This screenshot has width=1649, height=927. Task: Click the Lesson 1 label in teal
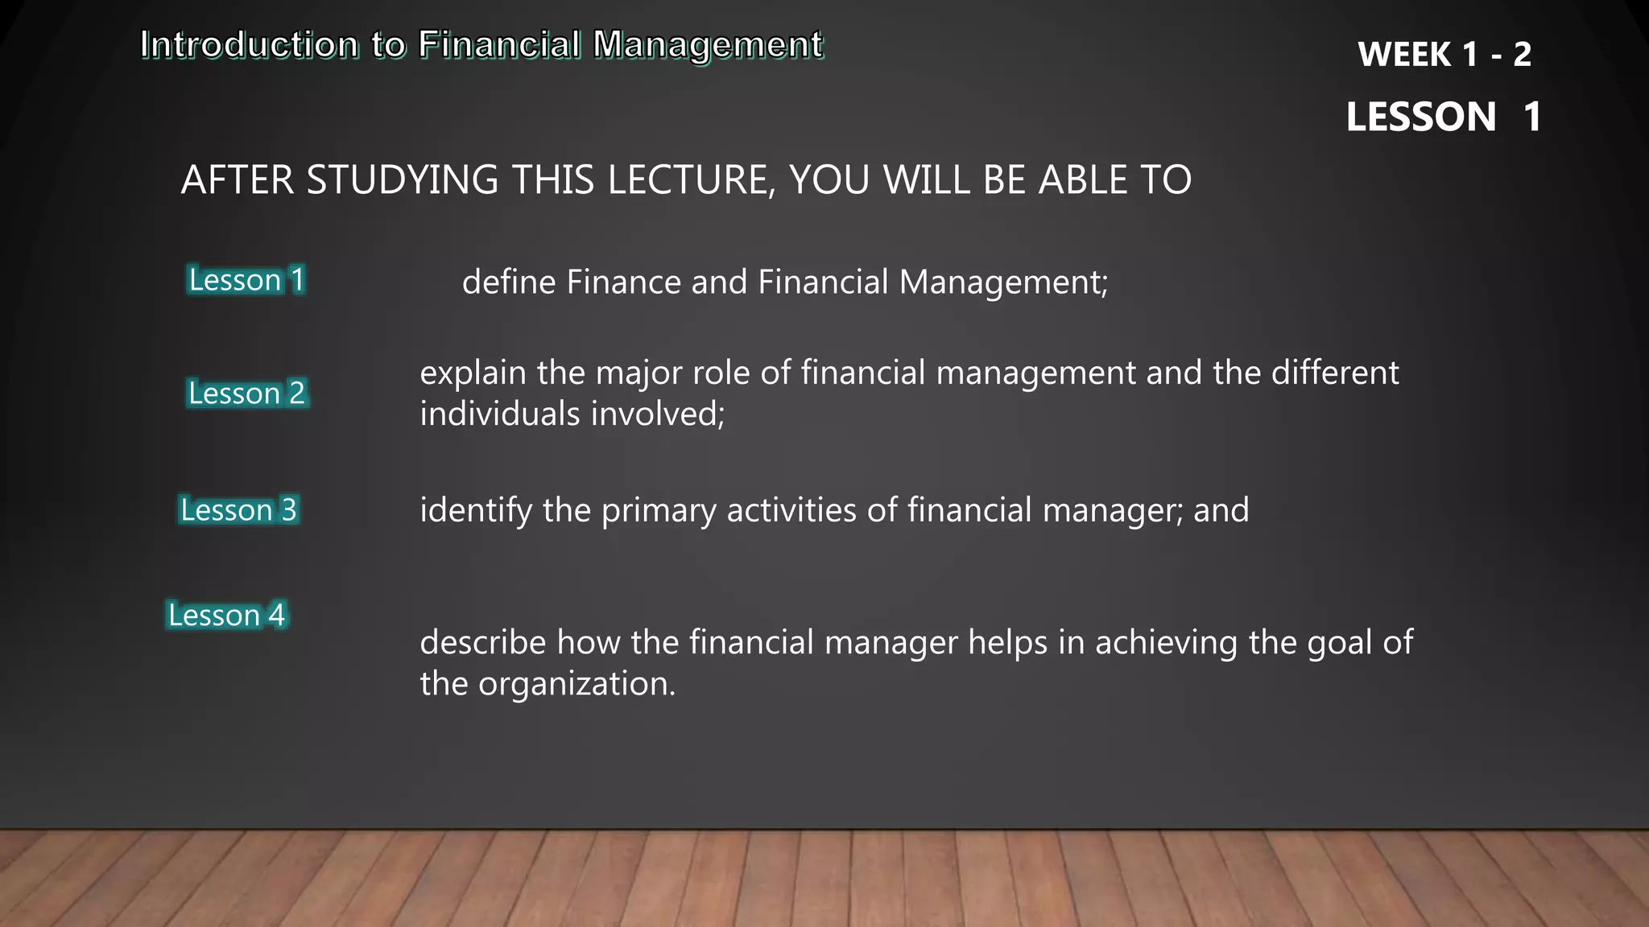246,280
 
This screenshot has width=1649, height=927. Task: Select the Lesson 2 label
246,393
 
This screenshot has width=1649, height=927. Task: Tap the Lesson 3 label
238,510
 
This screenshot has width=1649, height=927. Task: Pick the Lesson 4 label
226,616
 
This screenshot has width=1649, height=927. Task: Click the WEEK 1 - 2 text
1444,55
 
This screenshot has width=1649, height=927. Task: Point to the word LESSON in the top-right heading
1421,117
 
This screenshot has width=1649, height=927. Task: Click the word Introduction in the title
250,45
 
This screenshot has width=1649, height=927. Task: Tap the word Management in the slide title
708,45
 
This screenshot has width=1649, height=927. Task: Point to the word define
509,282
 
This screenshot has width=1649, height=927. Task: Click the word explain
473,373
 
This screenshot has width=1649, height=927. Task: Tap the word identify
476,511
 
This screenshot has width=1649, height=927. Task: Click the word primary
658,511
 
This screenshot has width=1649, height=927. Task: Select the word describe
483,643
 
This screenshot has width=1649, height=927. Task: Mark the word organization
577,684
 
